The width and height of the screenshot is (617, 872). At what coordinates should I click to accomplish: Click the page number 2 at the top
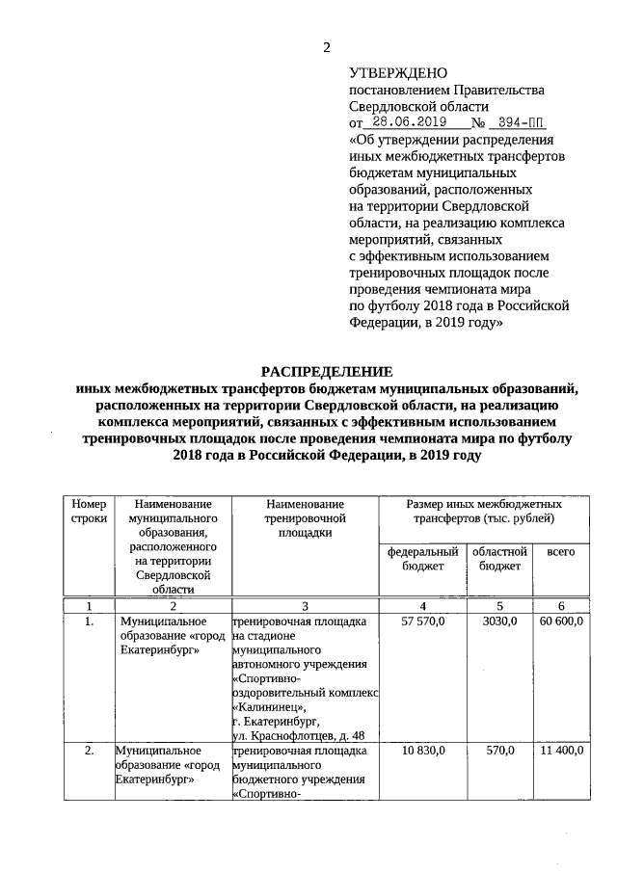(326, 48)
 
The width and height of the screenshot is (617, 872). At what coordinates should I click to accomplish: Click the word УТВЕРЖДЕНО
(397, 73)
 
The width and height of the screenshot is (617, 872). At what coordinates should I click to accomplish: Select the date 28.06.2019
(409, 123)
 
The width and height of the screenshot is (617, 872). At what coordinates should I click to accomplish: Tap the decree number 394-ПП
(517, 123)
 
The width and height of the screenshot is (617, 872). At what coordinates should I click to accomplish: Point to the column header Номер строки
(89, 511)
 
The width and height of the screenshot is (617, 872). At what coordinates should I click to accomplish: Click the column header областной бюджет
(499, 559)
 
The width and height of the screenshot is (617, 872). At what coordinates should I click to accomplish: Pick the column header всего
(561, 552)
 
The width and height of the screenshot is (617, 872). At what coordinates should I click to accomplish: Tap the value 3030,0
(499, 621)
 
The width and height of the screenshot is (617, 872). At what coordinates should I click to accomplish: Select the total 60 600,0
(561, 621)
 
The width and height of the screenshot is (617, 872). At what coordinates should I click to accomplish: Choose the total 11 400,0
(561, 750)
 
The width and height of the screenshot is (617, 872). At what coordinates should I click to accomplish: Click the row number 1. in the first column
(89, 621)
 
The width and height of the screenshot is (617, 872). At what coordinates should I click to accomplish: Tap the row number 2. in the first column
(89, 750)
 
